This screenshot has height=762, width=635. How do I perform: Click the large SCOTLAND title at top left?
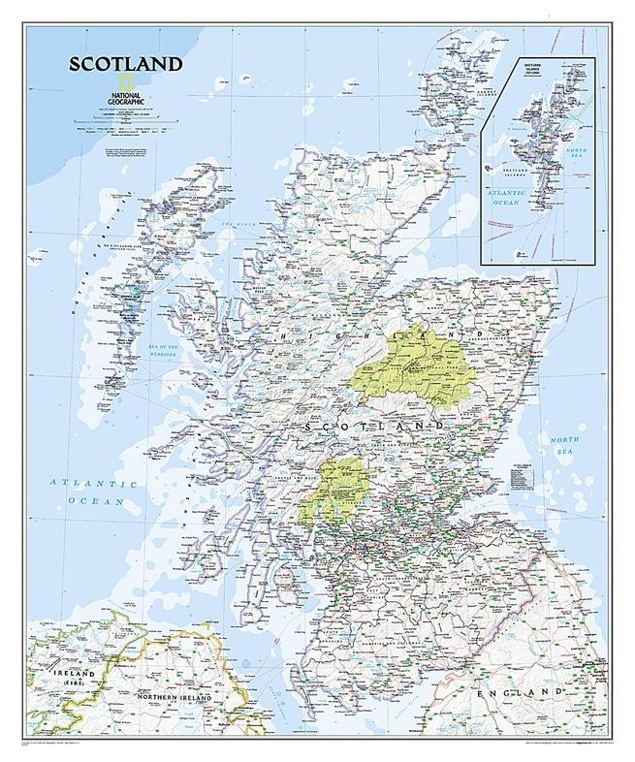pyautogui.click(x=124, y=65)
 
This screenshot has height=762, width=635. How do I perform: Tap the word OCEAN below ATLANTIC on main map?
pyautogui.click(x=91, y=500)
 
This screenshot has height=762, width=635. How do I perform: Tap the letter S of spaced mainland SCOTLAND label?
pyautogui.click(x=308, y=427)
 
